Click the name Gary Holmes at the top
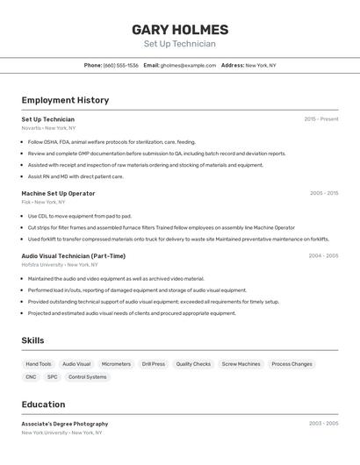(180, 30)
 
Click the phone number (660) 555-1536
(121, 65)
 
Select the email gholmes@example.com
(188, 65)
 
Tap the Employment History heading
(65, 100)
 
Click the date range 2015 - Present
(321, 119)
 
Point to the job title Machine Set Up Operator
(58, 193)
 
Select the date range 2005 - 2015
(324, 193)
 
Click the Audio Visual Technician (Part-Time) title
(74, 256)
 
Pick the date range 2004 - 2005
(323, 256)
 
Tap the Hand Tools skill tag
(39, 363)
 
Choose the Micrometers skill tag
(116, 363)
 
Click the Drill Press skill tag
(153, 363)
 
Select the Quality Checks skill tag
(193, 363)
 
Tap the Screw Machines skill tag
(241, 363)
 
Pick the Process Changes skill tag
(292, 363)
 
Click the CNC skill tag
(31, 377)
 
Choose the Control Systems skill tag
(88, 377)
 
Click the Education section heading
(43, 404)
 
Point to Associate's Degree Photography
(65, 424)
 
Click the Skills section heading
(32, 340)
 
